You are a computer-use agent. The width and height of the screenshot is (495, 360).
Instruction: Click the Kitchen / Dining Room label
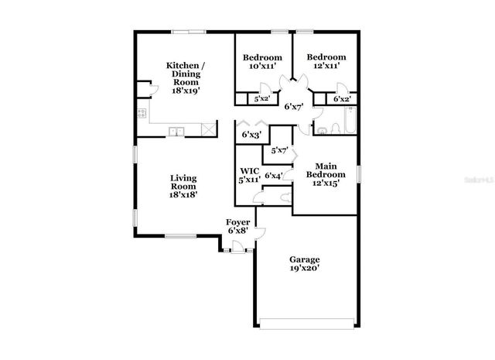pos(186,78)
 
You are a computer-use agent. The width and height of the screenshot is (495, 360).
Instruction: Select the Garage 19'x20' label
pos(305,264)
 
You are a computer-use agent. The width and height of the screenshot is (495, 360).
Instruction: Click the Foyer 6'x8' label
pos(237,227)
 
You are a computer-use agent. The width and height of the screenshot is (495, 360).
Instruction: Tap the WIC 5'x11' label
pos(248,175)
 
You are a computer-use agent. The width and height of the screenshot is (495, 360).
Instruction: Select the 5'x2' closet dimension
pos(262,99)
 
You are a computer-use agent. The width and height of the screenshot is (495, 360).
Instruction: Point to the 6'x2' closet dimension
pos(342,99)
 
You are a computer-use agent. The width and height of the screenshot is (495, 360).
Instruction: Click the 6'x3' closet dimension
pos(251,135)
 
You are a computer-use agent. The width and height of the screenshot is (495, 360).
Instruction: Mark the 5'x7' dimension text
pos(280,150)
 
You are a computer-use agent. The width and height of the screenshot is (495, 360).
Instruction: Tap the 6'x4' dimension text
pos(273,176)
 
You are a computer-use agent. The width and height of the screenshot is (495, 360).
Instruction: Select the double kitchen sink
pos(178,131)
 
